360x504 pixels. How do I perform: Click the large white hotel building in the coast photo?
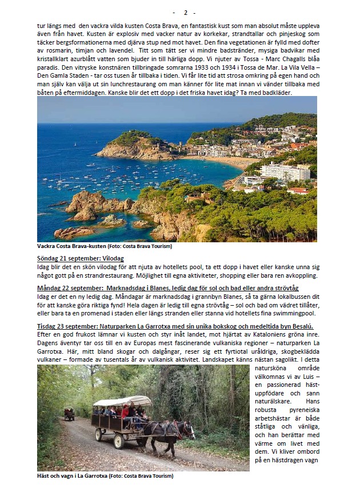(x=285, y=171)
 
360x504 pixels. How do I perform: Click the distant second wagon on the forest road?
(x=69, y=413)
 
